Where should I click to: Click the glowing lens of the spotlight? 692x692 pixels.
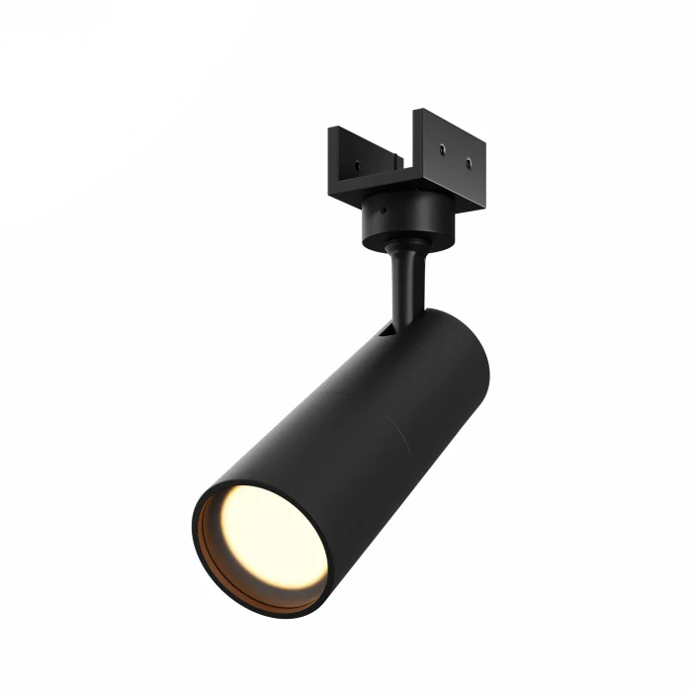click(272, 537)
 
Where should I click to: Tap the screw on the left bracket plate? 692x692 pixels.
click(358, 166)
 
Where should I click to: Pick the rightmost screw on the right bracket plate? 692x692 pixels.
click(470, 164)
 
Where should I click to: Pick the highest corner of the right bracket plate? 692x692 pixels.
click(416, 110)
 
